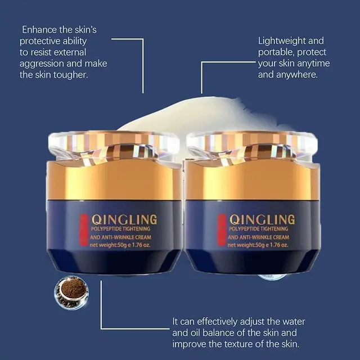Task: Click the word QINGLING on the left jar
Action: pos(124,220)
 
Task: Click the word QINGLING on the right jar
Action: pos(262,220)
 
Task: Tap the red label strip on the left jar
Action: pos(84,230)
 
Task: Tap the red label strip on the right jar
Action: pos(222,230)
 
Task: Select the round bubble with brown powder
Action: pos(71,292)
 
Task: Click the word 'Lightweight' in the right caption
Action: pos(282,41)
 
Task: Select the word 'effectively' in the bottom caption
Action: pos(217,322)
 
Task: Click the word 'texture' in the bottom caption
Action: pos(239,344)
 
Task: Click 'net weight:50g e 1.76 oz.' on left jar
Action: pos(120,245)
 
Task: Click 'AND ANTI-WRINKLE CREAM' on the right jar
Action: pos(259,237)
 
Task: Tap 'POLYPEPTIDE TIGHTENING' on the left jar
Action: pos(120,229)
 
